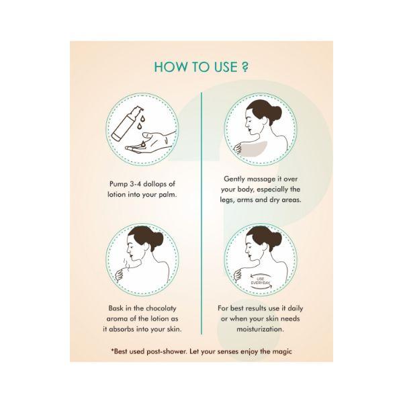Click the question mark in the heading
245,66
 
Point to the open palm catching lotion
150,142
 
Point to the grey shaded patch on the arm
253,149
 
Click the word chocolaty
161,308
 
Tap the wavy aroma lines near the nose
126,263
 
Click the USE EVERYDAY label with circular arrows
261,281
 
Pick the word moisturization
261,329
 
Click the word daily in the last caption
296,308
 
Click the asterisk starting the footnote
112,349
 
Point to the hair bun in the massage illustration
274,113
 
